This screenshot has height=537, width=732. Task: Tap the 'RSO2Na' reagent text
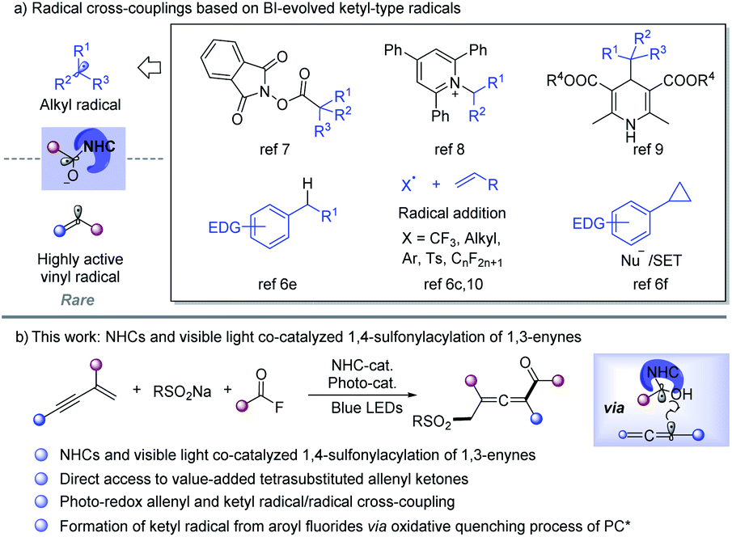pyautogui.click(x=176, y=394)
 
